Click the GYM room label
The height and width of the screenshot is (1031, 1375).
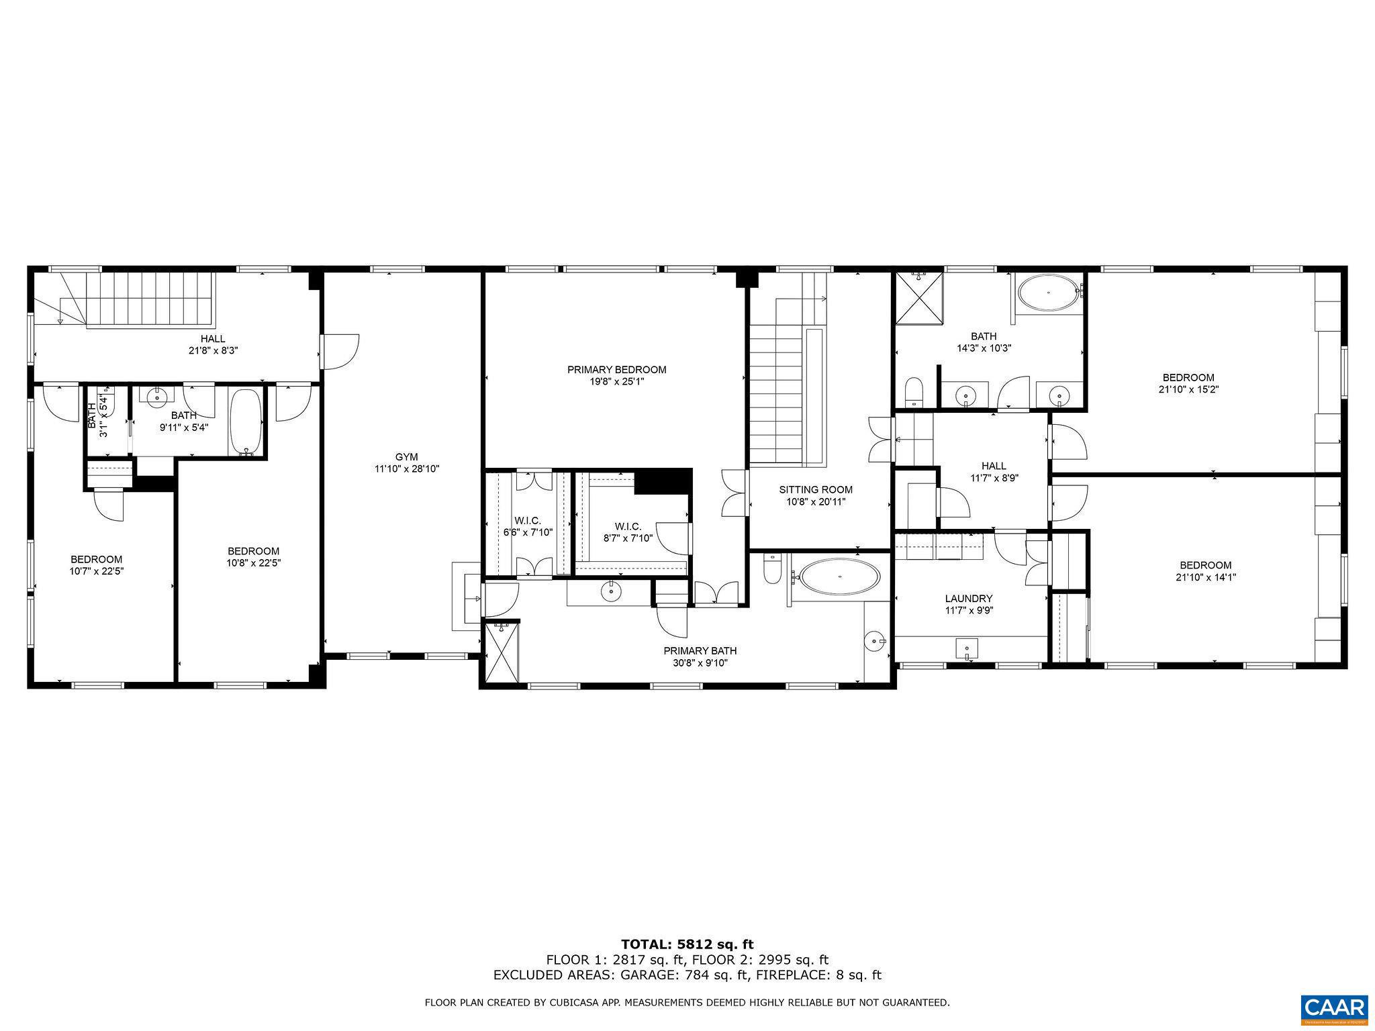pyautogui.click(x=406, y=457)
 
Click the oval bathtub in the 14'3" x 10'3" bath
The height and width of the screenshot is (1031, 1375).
pyautogui.click(x=1048, y=293)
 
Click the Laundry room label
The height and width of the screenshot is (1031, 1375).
pyautogui.click(x=968, y=598)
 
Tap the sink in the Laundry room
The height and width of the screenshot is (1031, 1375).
pyautogui.click(x=967, y=649)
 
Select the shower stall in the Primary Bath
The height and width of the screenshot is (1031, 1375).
pyautogui.click(x=502, y=653)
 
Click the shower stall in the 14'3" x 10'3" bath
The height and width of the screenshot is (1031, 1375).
pyautogui.click(x=918, y=296)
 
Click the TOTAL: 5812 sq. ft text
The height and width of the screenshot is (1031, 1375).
pyautogui.click(x=687, y=944)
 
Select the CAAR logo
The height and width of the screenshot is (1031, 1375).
pyautogui.click(x=1334, y=1009)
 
